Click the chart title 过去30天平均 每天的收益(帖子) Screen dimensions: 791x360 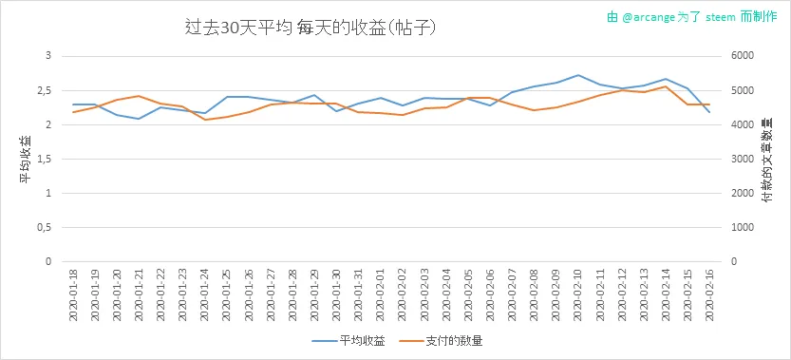coord(311,28)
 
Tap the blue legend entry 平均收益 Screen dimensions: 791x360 coord(349,341)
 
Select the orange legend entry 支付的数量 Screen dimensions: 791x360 coord(441,341)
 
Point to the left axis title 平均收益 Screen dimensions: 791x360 coord(26,160)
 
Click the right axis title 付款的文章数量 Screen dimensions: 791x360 coord(766,160)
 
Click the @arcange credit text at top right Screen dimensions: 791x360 coord(691,17)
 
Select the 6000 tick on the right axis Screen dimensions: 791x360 coord(743,56)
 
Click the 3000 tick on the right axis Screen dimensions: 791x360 coord(743,159)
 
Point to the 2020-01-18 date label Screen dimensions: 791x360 coord(73,294)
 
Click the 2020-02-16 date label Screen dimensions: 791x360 coord(709,294)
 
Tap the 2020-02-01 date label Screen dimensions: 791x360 coord(381,294)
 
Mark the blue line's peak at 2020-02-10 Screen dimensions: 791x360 coord(578,75)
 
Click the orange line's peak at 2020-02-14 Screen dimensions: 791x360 coord(666,86)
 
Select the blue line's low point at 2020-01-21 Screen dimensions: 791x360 coord(139,119)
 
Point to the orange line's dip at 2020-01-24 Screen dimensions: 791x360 coord(205,120)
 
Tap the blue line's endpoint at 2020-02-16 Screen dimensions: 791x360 coord(709,112)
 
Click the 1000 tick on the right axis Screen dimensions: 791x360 coord(743,228)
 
